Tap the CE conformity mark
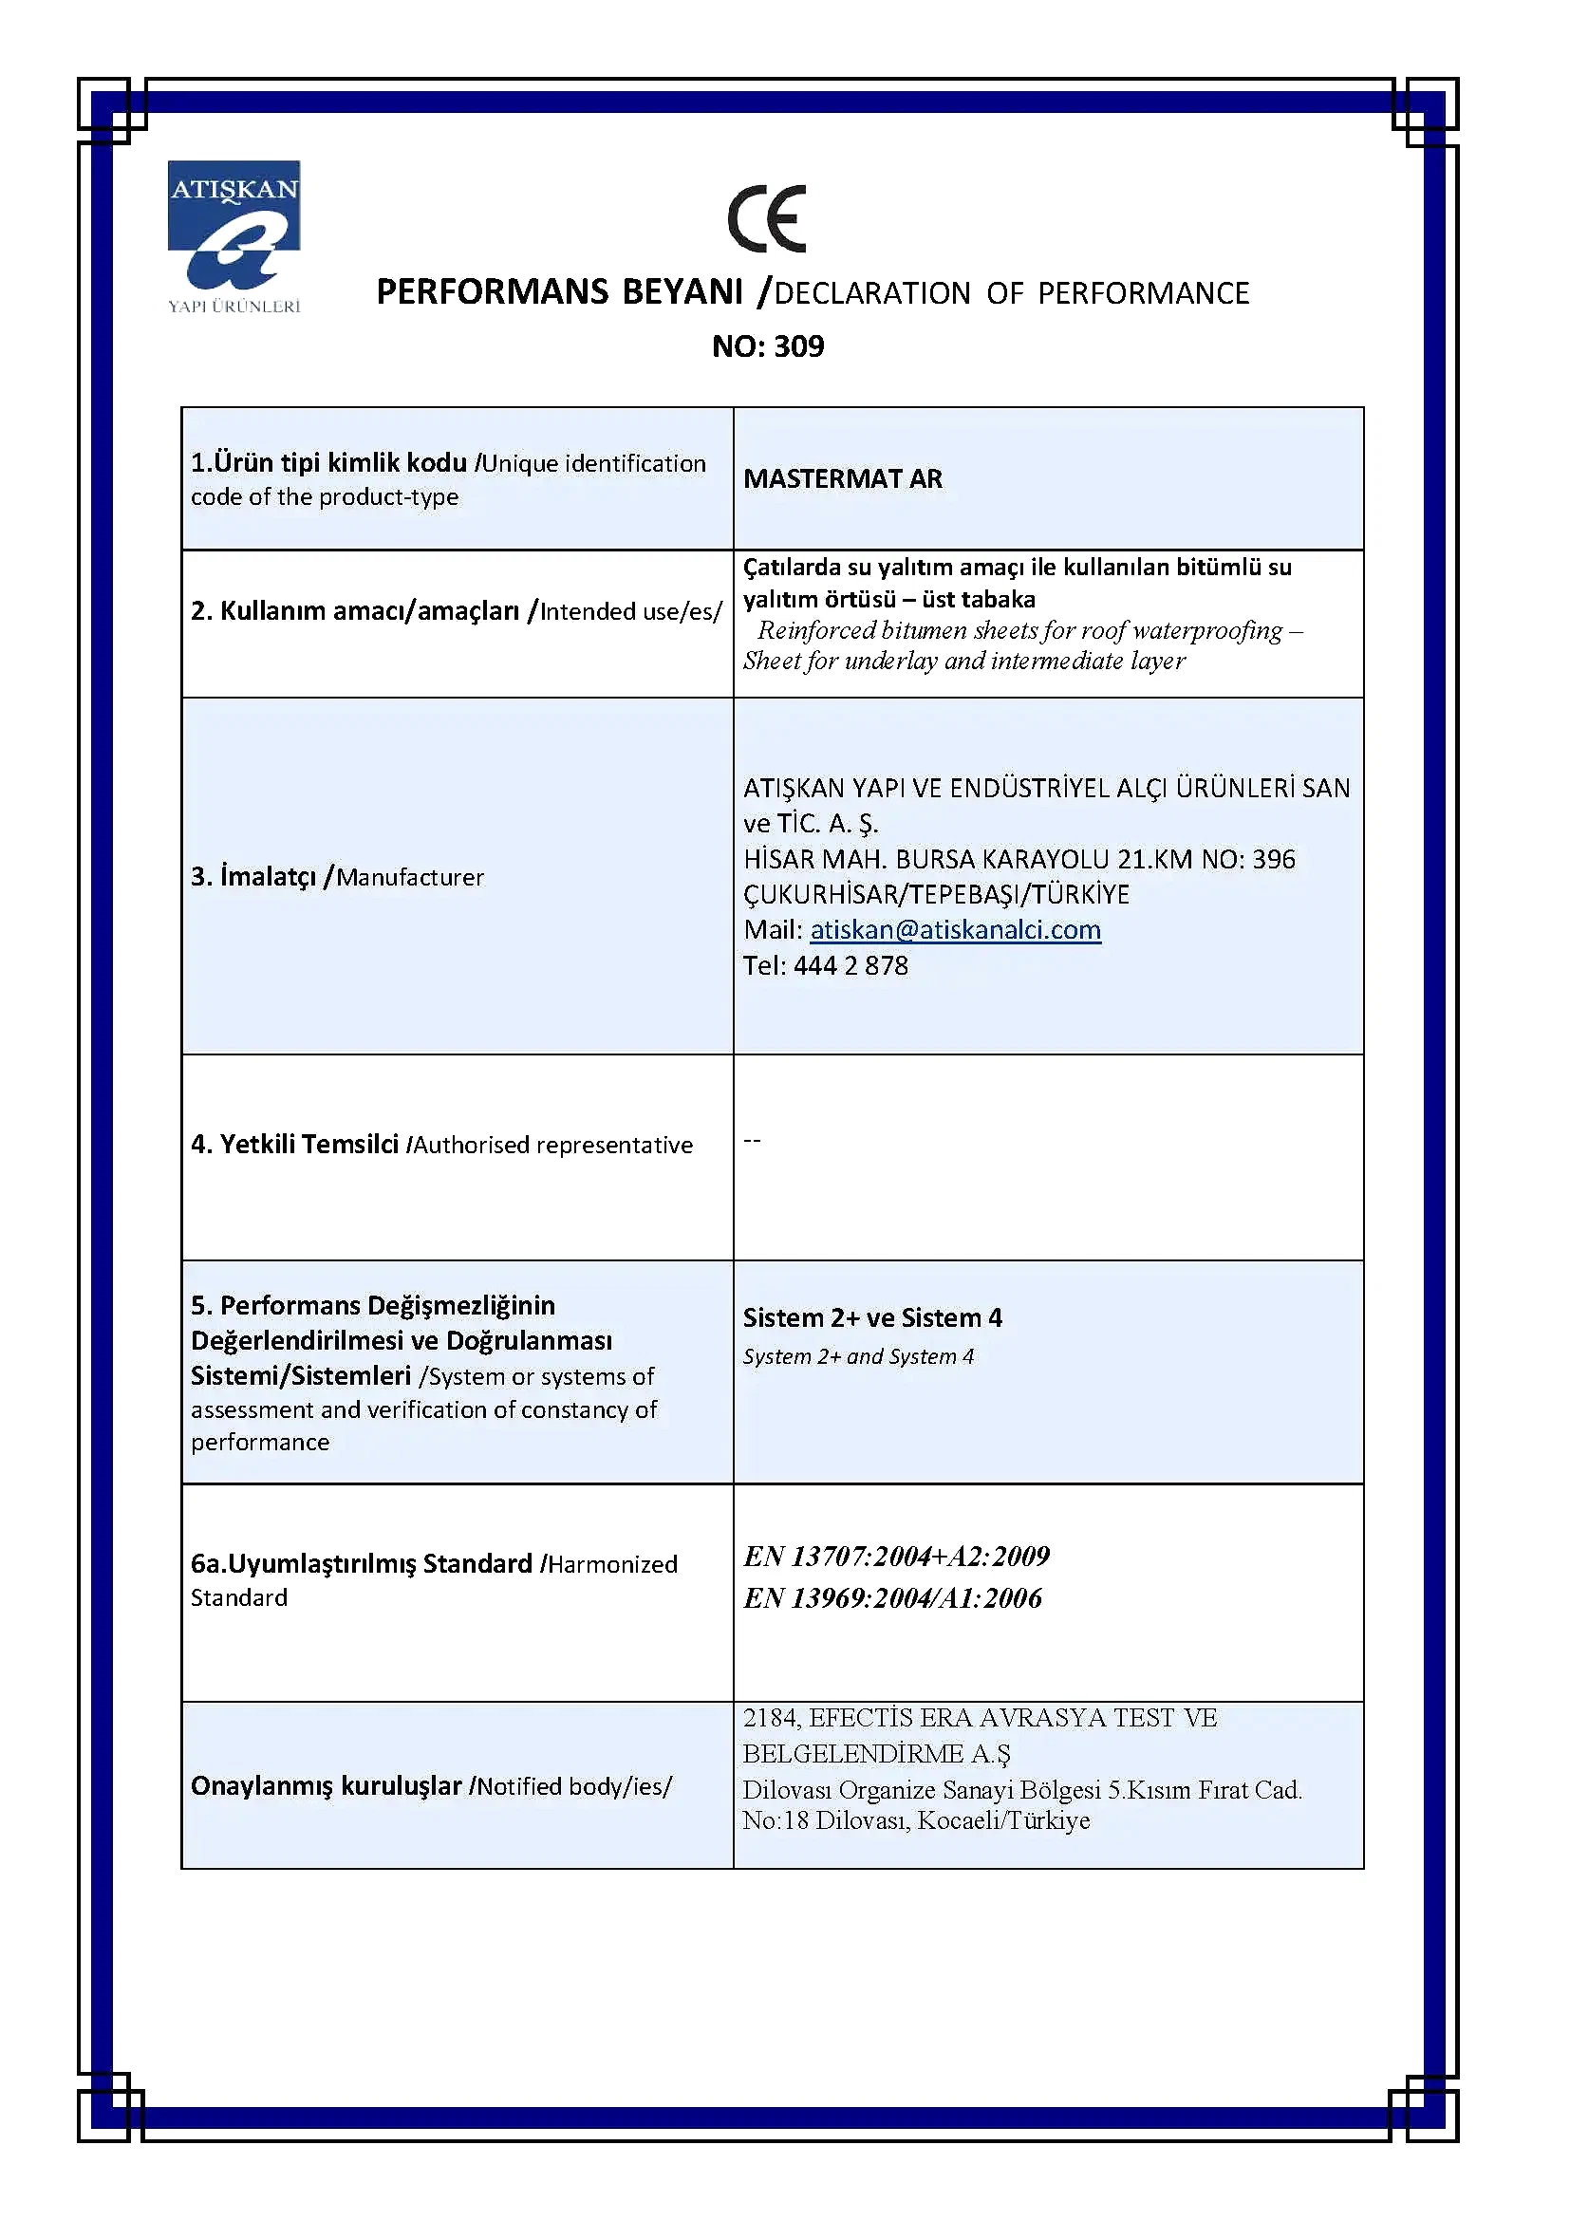coord(767,218)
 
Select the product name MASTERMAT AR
coord(842,478)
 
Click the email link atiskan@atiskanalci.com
coord(955,929)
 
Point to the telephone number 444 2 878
coord(850,965)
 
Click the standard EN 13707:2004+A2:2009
coord(896,1556)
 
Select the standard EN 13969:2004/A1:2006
coord(892,1597)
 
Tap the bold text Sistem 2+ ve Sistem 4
coord(872,1318)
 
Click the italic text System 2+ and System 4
coord(858,1355)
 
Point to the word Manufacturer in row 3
coord(410,877)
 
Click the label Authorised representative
coord(553,1145)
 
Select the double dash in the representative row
coord(752,1141)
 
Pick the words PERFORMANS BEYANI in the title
coord(560,291)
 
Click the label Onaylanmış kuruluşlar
coord(326,1786)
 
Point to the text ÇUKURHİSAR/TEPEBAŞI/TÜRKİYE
coord(936,894)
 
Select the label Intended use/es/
coord(630,611)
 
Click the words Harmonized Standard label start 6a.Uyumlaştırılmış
coord(362,1563)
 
